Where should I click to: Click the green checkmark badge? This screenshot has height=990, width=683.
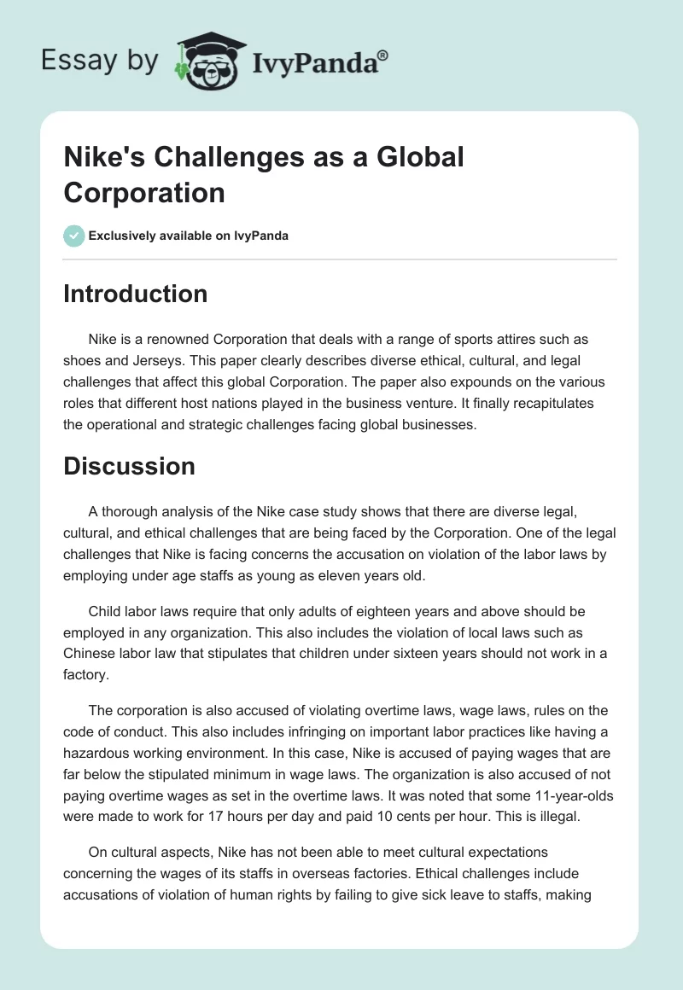tap(74, 236)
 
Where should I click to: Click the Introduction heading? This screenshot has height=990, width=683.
tap(136, 294)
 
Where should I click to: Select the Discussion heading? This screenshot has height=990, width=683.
tap(129, 466)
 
